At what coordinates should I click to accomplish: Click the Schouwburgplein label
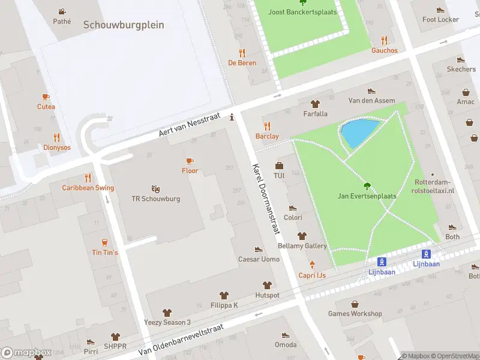click(124, 25)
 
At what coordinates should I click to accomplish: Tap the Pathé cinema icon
click(62, 11)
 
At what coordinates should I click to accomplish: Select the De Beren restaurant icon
click(242, 53)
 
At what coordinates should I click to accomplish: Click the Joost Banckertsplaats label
click(302, 12)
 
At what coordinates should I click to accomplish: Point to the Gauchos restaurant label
click(384, 50)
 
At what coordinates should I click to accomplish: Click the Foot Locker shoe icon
click(440, 10)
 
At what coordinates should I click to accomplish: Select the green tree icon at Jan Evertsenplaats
click(367, 185)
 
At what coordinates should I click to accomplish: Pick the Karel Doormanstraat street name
click(267, 197)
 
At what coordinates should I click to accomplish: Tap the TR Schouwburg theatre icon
click(155, 188)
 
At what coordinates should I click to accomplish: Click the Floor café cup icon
click(190, 161)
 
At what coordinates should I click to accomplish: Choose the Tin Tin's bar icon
click(105, 242)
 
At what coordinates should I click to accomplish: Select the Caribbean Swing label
click(88, 188)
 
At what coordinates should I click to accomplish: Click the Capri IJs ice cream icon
click(312, 265)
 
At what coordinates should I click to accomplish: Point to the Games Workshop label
click(355, 314)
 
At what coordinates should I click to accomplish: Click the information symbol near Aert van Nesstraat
click(232, 118)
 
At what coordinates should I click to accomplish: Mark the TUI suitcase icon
click(279, 166)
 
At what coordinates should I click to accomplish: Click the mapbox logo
click(27, 353)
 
